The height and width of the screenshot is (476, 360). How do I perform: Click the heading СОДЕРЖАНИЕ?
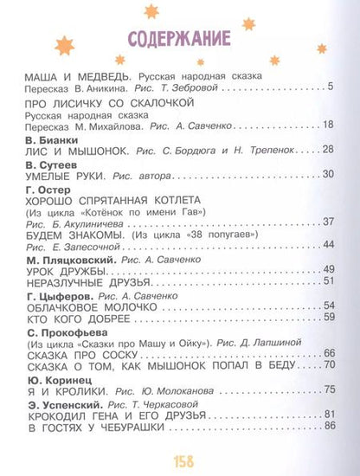pos(178,41)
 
